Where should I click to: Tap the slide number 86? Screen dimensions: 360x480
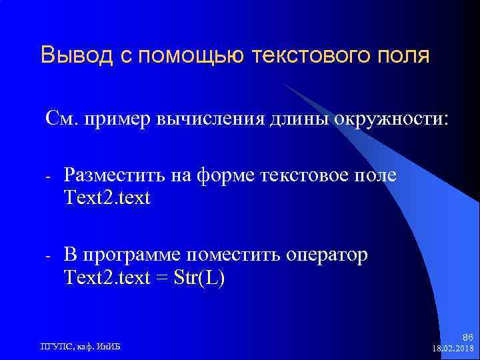[x=467, y=338]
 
